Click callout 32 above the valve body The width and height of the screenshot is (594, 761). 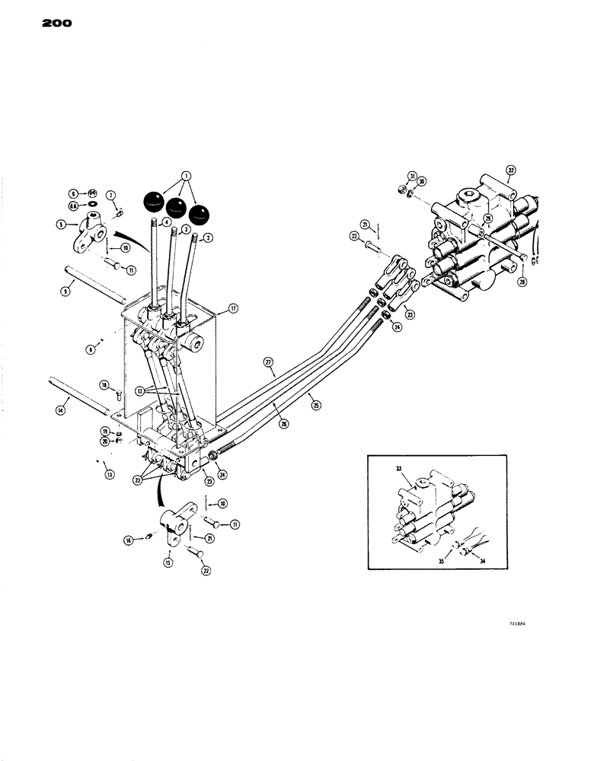[510, 170]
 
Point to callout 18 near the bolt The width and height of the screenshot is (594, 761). [105, 385]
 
